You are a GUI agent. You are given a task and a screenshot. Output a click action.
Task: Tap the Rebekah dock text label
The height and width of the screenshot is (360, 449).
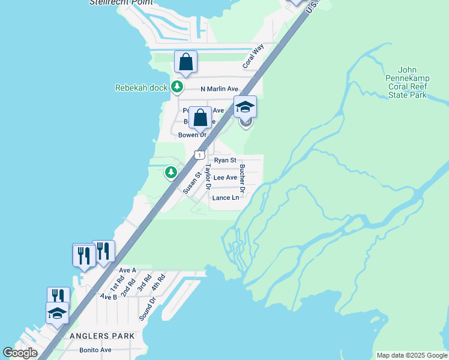click(141, 88)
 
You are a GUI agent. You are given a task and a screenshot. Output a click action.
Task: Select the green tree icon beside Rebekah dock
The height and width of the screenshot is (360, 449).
click(176, 87)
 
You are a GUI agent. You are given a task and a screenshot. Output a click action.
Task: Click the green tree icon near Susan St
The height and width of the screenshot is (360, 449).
click(171, 173)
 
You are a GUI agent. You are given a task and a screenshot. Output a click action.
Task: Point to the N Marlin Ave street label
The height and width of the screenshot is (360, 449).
click(220, 89)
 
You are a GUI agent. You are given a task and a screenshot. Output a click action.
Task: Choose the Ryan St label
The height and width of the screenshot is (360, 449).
click(225, 160)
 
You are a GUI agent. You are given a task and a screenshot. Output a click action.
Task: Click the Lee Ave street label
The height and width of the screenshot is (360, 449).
click(225, 178)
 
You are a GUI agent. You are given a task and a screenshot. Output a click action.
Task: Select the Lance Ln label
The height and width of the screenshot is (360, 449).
click(226, 197)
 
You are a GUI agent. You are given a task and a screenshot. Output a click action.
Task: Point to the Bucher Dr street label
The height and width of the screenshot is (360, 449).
click(243, 175)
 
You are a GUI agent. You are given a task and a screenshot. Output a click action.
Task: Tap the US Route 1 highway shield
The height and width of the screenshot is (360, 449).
click(198, 155)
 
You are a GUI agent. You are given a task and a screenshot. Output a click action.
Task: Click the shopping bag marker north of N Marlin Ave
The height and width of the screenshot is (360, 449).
click(186, 62)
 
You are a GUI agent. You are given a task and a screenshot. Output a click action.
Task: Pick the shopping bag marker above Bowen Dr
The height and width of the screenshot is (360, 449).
click(200, 118)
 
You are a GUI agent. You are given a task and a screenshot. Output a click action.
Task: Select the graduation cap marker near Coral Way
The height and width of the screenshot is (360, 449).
click(245, 107)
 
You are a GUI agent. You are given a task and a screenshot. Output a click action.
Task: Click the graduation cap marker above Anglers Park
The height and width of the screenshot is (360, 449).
click(57, 313)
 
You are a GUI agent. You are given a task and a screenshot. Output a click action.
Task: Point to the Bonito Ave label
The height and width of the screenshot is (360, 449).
click(96, 350)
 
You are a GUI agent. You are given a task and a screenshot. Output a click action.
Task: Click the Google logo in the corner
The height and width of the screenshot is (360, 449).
click(20, 353)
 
